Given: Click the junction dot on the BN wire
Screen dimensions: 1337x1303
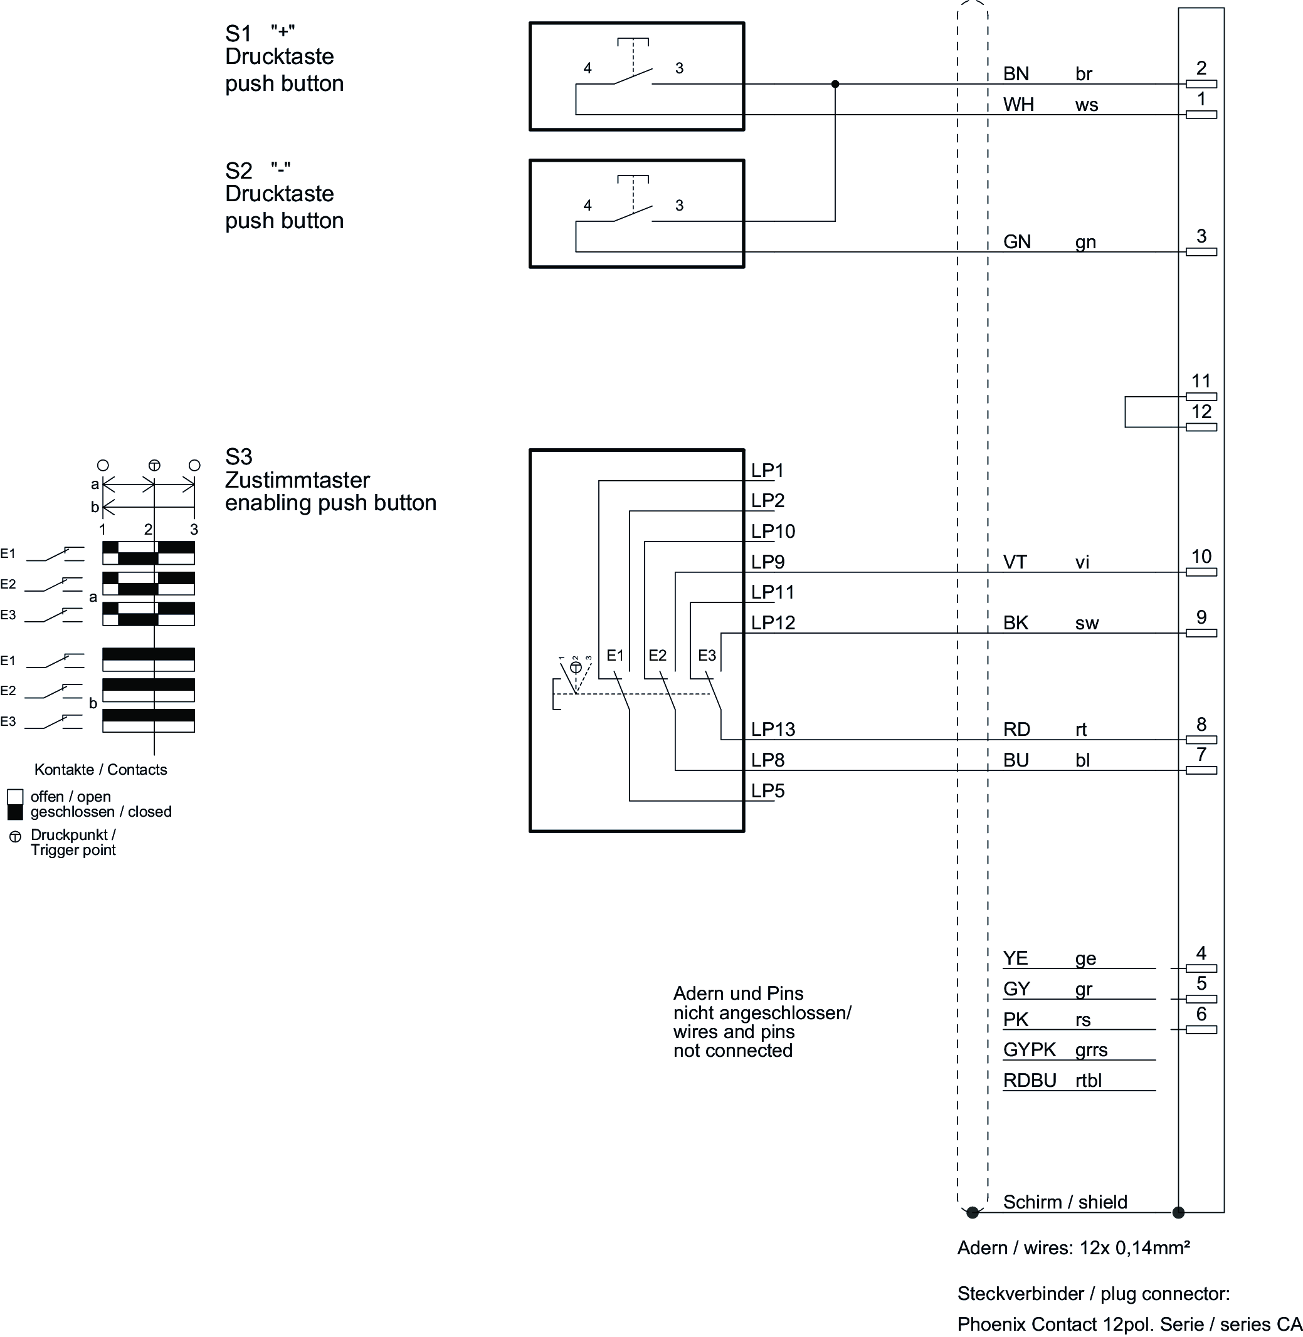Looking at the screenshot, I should [835, 84].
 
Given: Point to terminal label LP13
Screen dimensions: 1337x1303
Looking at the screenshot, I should [773, 730].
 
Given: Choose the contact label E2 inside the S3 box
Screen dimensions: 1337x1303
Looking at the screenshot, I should [657, 656].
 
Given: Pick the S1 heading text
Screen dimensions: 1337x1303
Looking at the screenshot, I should [239, 33].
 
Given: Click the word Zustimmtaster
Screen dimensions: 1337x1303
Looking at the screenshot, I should [297, 480].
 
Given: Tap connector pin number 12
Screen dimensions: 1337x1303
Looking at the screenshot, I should [1201, 412].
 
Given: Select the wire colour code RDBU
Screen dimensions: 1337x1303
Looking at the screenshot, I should [1029, 1081].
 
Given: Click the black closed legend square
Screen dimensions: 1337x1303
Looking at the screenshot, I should [15, 812].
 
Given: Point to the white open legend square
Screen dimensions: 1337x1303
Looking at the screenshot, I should [15, 797].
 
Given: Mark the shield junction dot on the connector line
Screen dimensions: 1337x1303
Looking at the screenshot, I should [1178, 1213].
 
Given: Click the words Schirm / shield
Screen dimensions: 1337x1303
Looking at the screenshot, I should [1065, 1202].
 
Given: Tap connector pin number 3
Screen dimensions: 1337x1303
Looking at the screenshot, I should [1201, 237].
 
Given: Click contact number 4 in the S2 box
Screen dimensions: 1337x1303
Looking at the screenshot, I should [587, 205].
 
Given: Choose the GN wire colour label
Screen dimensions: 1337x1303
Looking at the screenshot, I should [1016, 242].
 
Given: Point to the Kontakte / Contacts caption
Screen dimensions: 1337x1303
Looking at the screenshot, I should [100, 770].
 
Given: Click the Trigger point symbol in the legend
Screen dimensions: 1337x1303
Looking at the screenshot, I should [15, 837].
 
